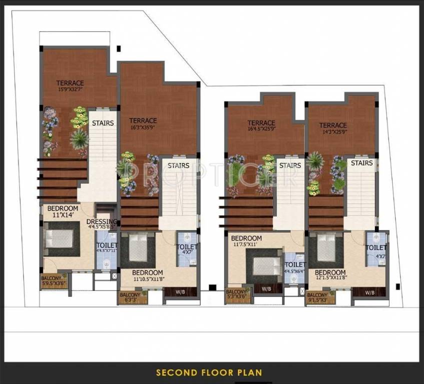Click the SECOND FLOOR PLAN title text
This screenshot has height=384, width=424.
209,372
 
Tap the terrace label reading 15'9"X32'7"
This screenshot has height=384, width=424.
70,86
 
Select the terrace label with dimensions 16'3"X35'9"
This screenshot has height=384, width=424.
143,123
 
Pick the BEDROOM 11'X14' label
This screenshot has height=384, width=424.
62,211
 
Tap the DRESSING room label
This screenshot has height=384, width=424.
102,224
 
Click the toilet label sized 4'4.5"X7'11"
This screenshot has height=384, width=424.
107,248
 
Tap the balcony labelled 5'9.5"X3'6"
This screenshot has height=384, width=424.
53,281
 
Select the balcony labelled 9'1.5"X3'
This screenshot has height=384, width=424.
318,298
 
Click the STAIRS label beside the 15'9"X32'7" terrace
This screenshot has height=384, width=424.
103,123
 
